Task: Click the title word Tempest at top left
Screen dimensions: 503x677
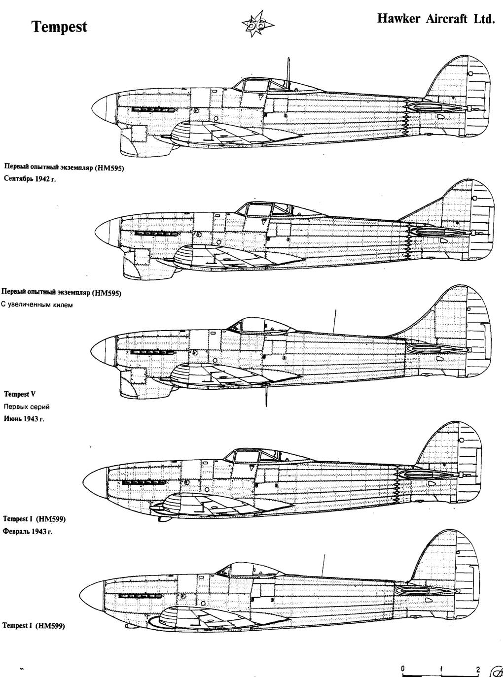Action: coord(60,27)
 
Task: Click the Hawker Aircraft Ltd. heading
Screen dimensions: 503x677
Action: coord(436,19)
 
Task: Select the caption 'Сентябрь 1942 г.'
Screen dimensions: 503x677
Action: coord(30,179)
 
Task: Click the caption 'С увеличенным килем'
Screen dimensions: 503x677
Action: coord(37,305)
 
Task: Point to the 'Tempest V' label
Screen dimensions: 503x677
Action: coord(20,394)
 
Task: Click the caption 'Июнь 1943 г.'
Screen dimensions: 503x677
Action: coord(24,419)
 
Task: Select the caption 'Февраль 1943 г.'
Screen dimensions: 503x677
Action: coord(28,532)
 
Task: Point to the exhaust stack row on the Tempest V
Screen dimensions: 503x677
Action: coord(153,352)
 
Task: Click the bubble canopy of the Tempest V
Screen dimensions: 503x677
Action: coord(261,325)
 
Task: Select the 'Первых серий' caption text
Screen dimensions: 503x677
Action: coord(27,406)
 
